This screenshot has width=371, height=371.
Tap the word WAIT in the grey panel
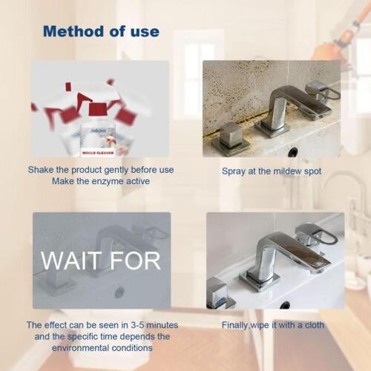point(71,260)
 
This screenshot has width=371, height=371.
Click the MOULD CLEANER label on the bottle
point(99,153)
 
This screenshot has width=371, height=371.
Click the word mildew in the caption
point(281,171)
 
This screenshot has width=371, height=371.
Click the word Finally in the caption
point(237,325)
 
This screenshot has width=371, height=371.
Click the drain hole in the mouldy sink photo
point(292,151)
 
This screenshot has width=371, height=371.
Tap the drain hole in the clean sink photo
point(285,305)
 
